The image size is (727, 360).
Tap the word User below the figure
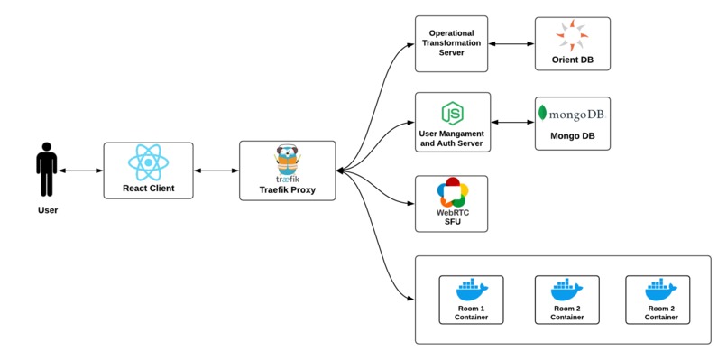pos(47,210)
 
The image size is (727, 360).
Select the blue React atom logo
pos(149,162)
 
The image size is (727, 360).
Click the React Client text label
pos(149,189)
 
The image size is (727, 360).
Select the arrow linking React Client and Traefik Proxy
pos(216,171)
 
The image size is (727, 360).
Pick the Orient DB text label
pos(572,61)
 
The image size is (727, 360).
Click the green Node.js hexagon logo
pos(452,113)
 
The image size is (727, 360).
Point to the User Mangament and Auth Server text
pos(452,139)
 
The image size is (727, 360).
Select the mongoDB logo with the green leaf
pos(572,114)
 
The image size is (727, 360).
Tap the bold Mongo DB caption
pos(572,137)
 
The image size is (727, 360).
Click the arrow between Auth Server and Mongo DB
pos(512,122)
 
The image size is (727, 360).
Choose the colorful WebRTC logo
pos(451,193)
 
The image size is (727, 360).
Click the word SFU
pos(451,223)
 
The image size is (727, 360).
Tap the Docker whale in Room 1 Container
pos(471,290)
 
